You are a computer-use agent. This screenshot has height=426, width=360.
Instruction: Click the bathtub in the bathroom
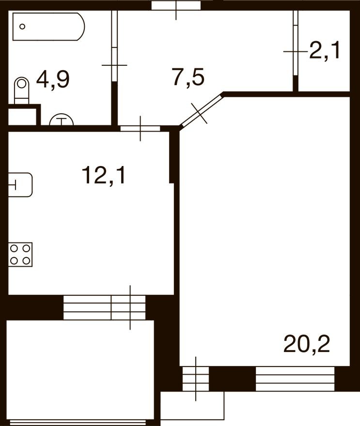tap(48, 27)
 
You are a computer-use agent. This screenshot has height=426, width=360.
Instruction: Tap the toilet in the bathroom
tap(21, 91)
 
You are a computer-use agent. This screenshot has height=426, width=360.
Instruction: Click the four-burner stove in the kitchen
tap(20, 254)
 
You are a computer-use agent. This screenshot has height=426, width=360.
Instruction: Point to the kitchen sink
tap(21, 185)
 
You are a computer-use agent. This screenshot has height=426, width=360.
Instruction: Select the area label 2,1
tap(325, 50)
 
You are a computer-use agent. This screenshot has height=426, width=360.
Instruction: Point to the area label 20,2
tap(307, 345)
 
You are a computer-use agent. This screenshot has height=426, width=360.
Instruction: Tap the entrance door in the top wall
tap(176, 6)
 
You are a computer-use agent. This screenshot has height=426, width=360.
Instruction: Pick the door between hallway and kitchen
tap(140, 128)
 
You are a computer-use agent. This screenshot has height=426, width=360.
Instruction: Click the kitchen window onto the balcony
tap(104, 308)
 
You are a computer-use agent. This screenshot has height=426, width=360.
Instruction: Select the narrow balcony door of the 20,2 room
tap(196, 379)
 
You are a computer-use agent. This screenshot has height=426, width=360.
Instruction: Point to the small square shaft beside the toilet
tap(22, 116)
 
